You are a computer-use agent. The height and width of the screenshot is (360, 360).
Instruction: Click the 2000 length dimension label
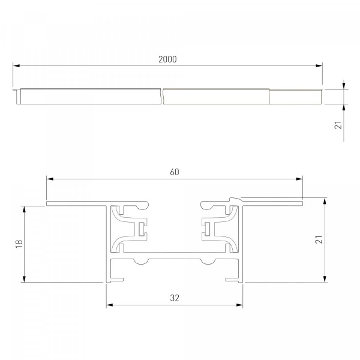pyautogui.click(x=167, y=59)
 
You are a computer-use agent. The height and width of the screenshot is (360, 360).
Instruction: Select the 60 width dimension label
pyautogui.click(x=175, y=172)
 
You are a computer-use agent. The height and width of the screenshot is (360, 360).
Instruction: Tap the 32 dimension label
pyautogui.click(x=175, y=298)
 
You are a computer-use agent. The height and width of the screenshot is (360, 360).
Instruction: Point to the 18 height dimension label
pyautogui.click(x=19, y=244)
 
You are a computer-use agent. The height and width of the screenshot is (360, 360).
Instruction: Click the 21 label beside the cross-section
pyautogui.click(x=319, y=239)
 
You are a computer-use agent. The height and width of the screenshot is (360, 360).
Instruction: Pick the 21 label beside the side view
pyautogui.click(x=338, y=125)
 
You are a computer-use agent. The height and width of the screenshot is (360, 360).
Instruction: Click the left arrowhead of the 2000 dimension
pyautogui.click(x=16, y=65)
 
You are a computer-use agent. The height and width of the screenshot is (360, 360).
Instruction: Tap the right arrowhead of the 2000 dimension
pyautogui.click(x=319, y=65)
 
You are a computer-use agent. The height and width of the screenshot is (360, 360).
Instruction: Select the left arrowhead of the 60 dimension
pyautogui.click(x=50, y=179)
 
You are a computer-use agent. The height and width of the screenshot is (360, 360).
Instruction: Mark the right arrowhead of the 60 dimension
pyautogui.click(x=299, y=179)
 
